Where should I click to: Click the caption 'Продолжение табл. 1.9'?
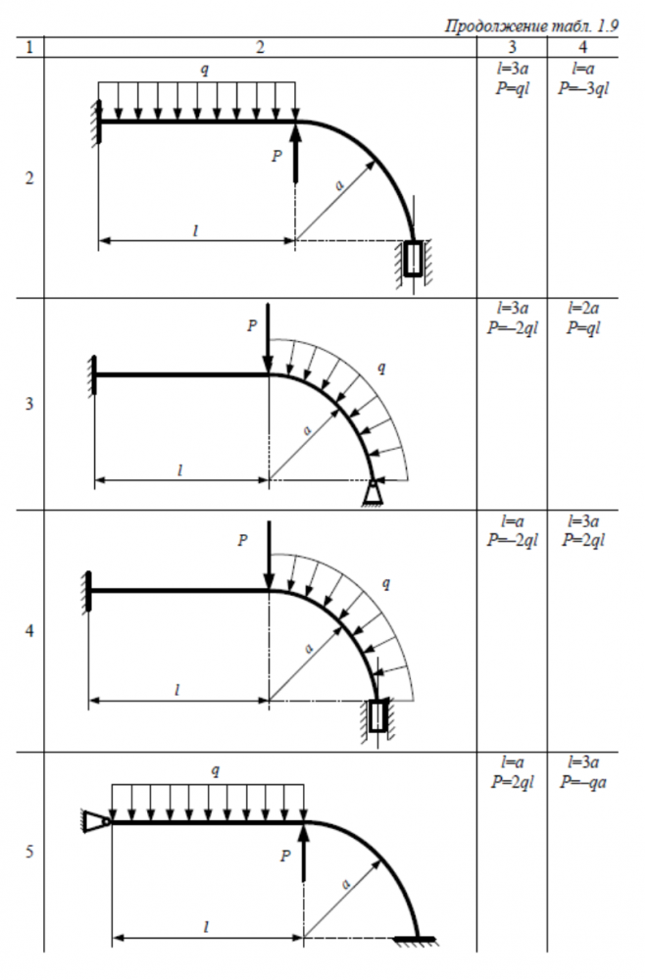[x=531, y=25]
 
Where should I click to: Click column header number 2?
[x=261, y=47]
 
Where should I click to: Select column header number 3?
[x=512, y=47]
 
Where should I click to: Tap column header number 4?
[x=583, y=47]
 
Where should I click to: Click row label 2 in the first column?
[x=29, y=178]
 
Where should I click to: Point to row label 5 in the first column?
[x=29, y=852]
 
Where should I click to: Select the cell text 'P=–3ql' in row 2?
[x=583, y=88]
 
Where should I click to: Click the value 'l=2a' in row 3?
[x=583, y=308]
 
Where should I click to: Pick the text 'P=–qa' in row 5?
[x=583, y=782]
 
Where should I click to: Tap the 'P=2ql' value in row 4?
[x=583, y=540]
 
